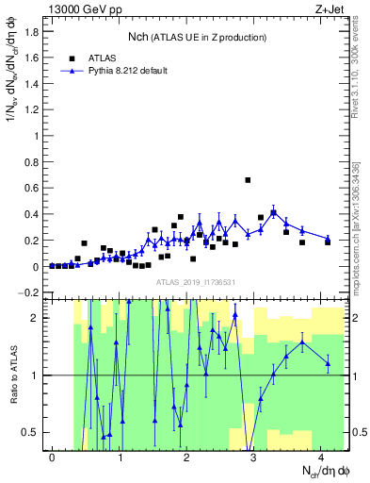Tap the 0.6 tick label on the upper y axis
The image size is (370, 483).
(x=31, y=188)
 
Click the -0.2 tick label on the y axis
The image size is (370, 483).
(x=29, y=292)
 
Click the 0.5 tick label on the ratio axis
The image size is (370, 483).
(x=31, y=433)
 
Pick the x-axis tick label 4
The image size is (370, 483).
(x=322, y=458)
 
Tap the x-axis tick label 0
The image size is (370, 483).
(x=52, y=458)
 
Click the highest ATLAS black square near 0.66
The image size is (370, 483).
(x=248, y=179)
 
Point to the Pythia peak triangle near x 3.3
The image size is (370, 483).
(x=274, y=212)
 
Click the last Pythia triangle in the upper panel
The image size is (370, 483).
(x=328, y=240)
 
